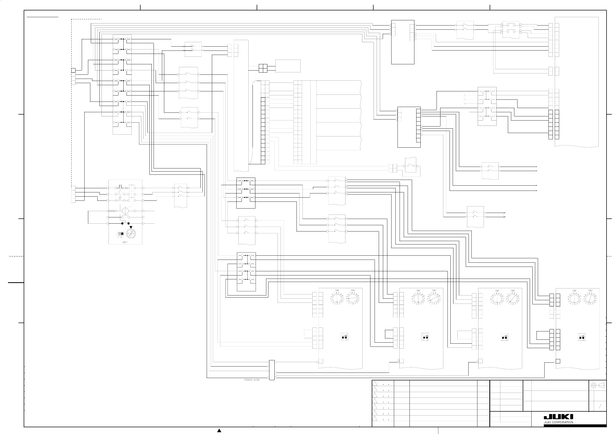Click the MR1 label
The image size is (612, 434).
coord(125,242)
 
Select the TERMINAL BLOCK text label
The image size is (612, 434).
coord(251,380)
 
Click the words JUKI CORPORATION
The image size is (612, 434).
coord(558,423)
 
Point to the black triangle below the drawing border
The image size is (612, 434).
coord(219,431)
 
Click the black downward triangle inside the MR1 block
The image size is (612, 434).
coord(131,227)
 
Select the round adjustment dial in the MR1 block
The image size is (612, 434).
coord(131,234)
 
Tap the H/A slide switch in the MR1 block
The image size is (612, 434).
coord(121,234)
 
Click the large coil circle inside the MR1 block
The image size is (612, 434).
coord(125,211)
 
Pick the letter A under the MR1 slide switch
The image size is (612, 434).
coord(121,237)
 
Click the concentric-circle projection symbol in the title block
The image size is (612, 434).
coord(594,385)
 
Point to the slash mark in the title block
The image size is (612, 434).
coord(600,406)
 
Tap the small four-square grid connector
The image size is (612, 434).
coord(263,68)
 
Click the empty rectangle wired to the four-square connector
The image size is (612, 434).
coord(288,66)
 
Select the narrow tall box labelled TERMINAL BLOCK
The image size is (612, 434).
coord(272,370)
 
